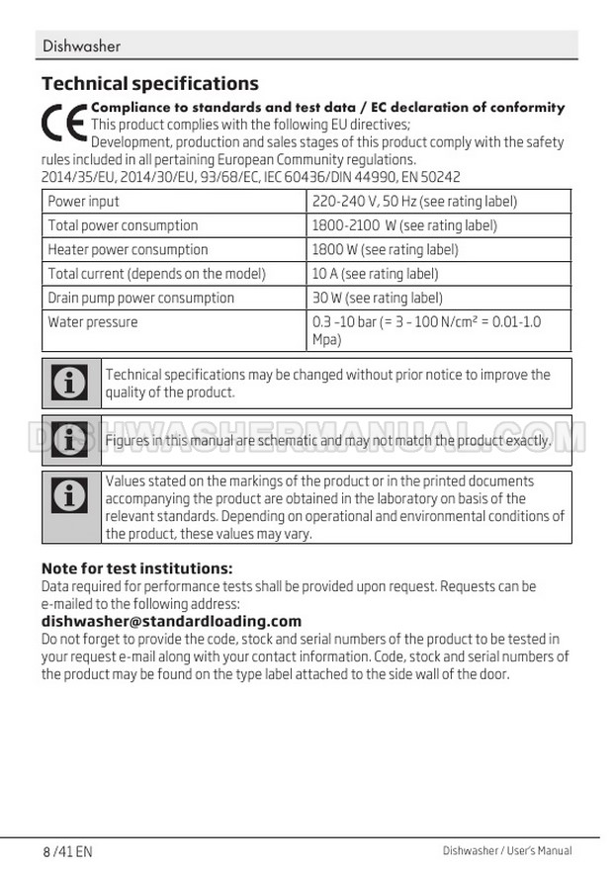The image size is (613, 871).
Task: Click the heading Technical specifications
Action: (150, 83)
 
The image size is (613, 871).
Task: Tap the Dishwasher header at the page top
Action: (82, 46)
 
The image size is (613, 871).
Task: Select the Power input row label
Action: (84, 202)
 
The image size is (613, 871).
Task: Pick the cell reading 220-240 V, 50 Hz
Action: (414, 202)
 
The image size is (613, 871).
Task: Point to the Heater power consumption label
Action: (129, 250)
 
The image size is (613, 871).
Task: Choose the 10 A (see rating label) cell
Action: (375, 274)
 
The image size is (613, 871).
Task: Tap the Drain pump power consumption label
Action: (141, 298)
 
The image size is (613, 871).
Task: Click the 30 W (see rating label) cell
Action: (377, 298)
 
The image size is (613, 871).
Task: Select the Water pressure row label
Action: (93, 322)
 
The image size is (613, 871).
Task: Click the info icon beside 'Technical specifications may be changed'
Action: (71, 384)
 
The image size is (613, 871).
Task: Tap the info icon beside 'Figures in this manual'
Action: (71, 440)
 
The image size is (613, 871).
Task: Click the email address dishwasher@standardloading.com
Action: (171, 621)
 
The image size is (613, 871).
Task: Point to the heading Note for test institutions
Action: (136, 568)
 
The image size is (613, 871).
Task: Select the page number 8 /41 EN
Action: (67, 851)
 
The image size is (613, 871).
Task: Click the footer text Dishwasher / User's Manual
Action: (506, 850)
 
